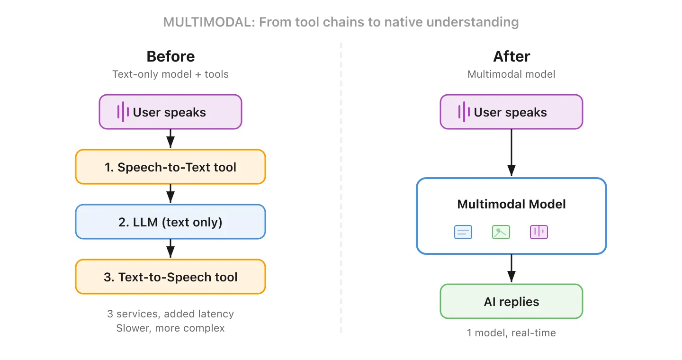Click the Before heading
tap(170, 56)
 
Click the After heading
tap(511, 56)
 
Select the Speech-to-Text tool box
tap(170, 167)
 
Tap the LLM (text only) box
tap(170, 222)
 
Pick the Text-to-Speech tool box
tap(170, 277)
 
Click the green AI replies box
tap(511, 301)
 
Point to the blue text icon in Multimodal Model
tap(463, 232)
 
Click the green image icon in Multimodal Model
tap(501, 232)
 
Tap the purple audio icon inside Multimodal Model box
tap(538, 232)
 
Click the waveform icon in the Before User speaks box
tap(123, 112)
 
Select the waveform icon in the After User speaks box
tap(464, 112)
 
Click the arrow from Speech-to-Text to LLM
tap(170, 194)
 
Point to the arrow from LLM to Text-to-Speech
tap(170, 249)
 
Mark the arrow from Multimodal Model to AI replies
tap(511, 269)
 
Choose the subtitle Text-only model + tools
tap(170, 74)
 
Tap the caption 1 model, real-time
tap(511, 333)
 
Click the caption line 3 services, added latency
tap(170, 314)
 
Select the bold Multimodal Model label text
tap(511, 204)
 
